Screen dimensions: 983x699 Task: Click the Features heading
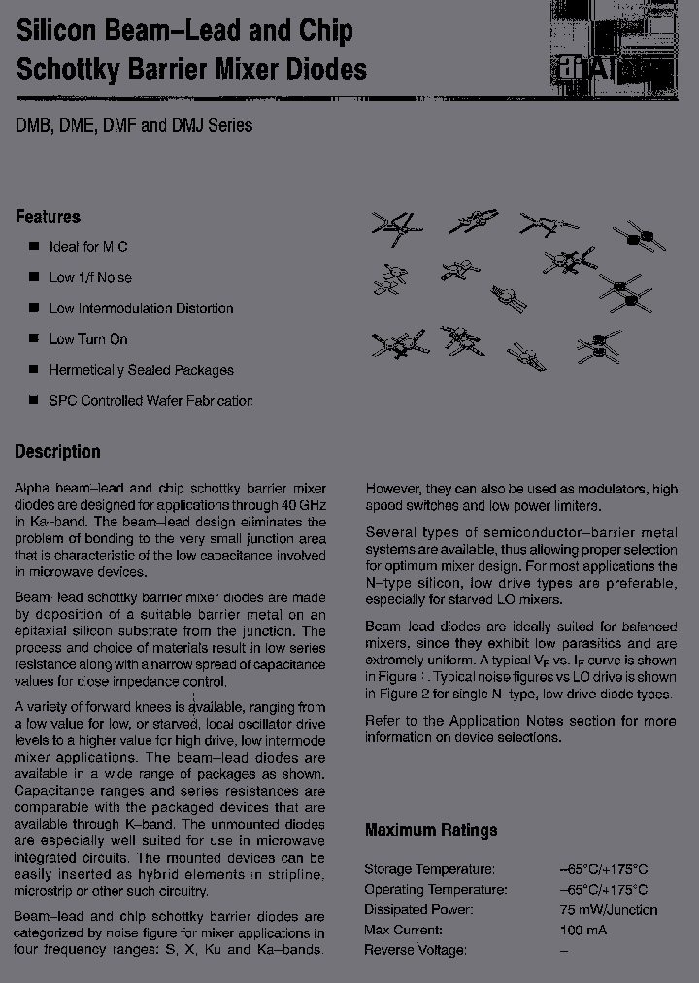(48, 217)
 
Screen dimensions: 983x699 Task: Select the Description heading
(57, 452)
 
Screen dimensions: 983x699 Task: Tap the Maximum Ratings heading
(430, 830)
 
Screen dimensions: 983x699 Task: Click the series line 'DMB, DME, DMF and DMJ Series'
(133, 125)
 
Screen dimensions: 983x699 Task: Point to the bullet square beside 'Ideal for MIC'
(34, 246)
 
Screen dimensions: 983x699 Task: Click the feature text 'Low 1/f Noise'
(90, 277)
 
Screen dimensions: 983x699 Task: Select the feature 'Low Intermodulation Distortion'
(141, 308)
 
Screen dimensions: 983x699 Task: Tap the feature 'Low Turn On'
(88, 339)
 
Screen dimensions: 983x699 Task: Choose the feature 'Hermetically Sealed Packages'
(141, 370)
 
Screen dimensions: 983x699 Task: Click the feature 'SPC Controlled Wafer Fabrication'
(150, 401)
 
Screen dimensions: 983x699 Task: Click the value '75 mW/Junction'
(608, 910)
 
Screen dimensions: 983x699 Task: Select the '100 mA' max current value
(584, 930)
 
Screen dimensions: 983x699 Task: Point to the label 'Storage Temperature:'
(429, 869)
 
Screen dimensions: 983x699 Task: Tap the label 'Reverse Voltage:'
(416, 949)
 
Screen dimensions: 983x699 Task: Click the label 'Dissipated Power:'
(418, 910)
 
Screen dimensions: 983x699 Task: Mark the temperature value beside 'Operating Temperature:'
(603, 890)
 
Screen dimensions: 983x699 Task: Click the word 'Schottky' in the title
(71, 69)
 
